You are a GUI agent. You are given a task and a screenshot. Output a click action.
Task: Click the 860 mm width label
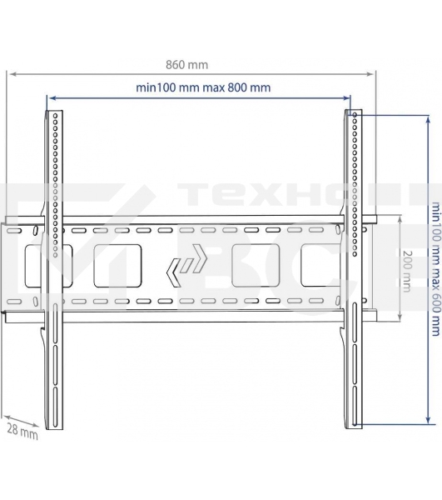[187, 63]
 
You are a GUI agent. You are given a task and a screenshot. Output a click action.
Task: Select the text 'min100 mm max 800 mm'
[202, 87]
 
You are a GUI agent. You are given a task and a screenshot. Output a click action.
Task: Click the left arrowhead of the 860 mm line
[9, 74]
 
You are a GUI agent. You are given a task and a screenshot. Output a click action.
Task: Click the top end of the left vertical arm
[52, 110]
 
